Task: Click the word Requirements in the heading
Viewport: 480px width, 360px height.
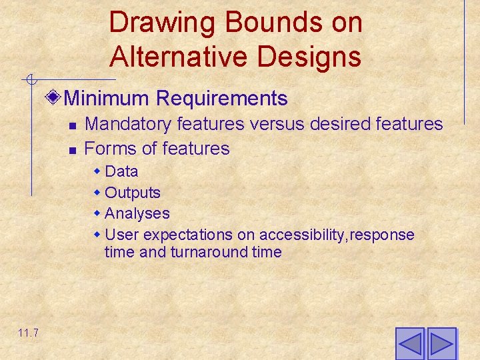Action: point(221,99)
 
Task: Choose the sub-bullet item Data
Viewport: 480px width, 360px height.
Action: point(121,171)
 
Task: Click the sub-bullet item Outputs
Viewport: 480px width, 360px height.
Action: point(133,193)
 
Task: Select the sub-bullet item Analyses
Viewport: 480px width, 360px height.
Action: point(137,214)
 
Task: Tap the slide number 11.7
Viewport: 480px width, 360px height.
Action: point(28,333)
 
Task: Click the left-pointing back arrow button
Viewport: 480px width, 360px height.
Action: point(409,343)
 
